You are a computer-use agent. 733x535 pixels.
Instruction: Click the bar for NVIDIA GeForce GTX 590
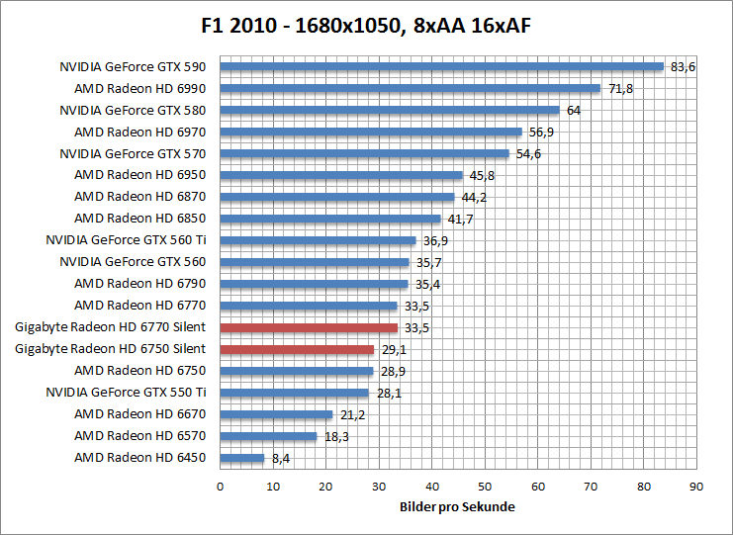(441, 67)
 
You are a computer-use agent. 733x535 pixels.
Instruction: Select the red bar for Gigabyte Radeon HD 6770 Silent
(309, 327)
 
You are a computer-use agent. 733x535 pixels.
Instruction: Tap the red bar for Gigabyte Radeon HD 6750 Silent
(297, 349)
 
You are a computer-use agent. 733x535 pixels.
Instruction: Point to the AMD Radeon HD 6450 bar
(242, 458)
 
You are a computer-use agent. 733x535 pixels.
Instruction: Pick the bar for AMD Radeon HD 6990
(410, 89)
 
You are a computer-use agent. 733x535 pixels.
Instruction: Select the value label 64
(573, 111)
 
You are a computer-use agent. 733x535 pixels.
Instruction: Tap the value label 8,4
(281, 458)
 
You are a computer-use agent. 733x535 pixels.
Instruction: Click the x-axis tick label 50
(485, 487)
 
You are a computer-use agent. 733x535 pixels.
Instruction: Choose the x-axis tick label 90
(696, 487)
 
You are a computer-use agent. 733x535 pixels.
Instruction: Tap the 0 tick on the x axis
(220, 487)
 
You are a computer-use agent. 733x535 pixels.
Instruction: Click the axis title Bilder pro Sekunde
(458, 507)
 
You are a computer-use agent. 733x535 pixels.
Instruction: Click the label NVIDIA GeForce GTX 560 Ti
(126, 240)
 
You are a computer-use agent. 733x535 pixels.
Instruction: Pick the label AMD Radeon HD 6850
(139, 219)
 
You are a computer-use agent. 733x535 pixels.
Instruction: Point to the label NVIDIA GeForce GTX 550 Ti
(126, 393)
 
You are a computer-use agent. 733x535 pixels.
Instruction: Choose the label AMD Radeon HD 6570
(139, 436)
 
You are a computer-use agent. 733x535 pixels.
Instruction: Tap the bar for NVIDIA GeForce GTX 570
(364, 154)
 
